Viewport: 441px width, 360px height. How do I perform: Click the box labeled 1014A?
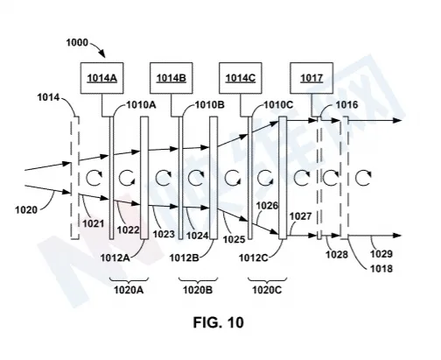click(101, 78)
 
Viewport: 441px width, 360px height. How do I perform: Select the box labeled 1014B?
click(171, 78)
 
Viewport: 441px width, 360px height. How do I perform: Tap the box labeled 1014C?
click(241, 78)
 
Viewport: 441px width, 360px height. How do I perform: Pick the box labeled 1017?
click(311, 78)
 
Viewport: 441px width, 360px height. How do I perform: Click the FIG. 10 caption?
click(218, 322)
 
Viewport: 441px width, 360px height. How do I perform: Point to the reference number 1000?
click(77, 43)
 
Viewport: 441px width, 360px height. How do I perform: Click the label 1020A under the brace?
click(129, 290)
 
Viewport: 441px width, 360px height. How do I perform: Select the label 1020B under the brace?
click(198, 290)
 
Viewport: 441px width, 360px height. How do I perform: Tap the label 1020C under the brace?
click(267, 290)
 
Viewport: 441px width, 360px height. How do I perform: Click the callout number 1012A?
click(115, 258)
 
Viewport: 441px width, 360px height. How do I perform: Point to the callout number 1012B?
click(185, 258)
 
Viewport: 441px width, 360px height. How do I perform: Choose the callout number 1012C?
click(253, 258)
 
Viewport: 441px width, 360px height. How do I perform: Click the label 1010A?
click(141, 105)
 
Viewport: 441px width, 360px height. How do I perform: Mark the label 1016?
click(346, 105)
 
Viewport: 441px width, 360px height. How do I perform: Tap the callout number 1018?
click(381, 268)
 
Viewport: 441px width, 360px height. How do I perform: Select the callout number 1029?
click(381, 254)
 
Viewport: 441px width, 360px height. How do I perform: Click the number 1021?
click(94, 223)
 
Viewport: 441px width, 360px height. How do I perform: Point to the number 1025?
click(234, 239)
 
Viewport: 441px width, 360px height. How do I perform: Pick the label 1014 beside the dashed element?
click(48, 97)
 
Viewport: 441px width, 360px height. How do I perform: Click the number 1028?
click(337, 255)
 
